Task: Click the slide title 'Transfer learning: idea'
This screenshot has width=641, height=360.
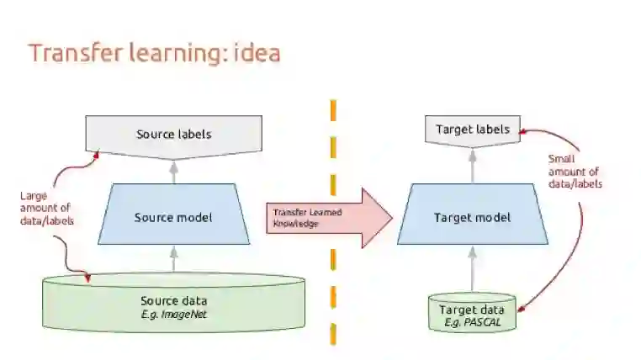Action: [154, 52]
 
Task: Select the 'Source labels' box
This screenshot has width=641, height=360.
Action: [174, 134]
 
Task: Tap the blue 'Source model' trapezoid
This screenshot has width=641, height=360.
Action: [173, 217]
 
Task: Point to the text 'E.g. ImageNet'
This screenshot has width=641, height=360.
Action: [174, 315]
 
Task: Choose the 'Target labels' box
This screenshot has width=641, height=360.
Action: [472, 130]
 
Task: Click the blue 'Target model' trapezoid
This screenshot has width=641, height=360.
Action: [472, 217]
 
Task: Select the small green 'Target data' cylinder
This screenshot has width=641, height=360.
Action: [472, 312]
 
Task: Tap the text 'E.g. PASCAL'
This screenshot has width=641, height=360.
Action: [472, 322]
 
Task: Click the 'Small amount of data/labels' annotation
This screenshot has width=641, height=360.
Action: [575, 172]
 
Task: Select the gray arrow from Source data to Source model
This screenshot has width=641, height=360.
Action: [173, 258]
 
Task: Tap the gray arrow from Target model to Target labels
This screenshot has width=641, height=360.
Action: [472, 165]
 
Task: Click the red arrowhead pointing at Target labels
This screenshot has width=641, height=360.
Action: [524, 130]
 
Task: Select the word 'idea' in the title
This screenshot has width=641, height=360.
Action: [254, 52]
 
